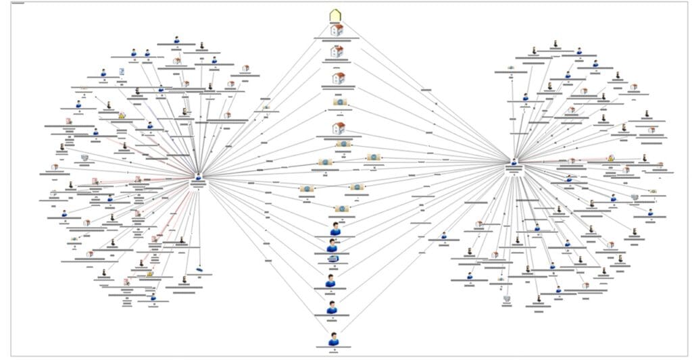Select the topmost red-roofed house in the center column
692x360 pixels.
[x=337, y=30]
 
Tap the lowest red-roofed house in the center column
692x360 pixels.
[x=339, y=128]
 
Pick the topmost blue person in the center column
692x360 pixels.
[x=335, y=229]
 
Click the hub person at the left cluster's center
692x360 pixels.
[x=199, y=176]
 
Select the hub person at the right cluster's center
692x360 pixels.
[x=514, y=162]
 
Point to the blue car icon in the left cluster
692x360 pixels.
[x=199, y=269]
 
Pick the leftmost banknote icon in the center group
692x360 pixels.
[x=307, y=188]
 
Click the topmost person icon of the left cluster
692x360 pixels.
[x=176, y=40]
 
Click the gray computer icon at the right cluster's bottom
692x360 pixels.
[x=507, y=298]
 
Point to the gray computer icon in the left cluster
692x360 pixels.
[x=84, y=158]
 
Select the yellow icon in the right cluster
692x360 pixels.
[x=610, y=157]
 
